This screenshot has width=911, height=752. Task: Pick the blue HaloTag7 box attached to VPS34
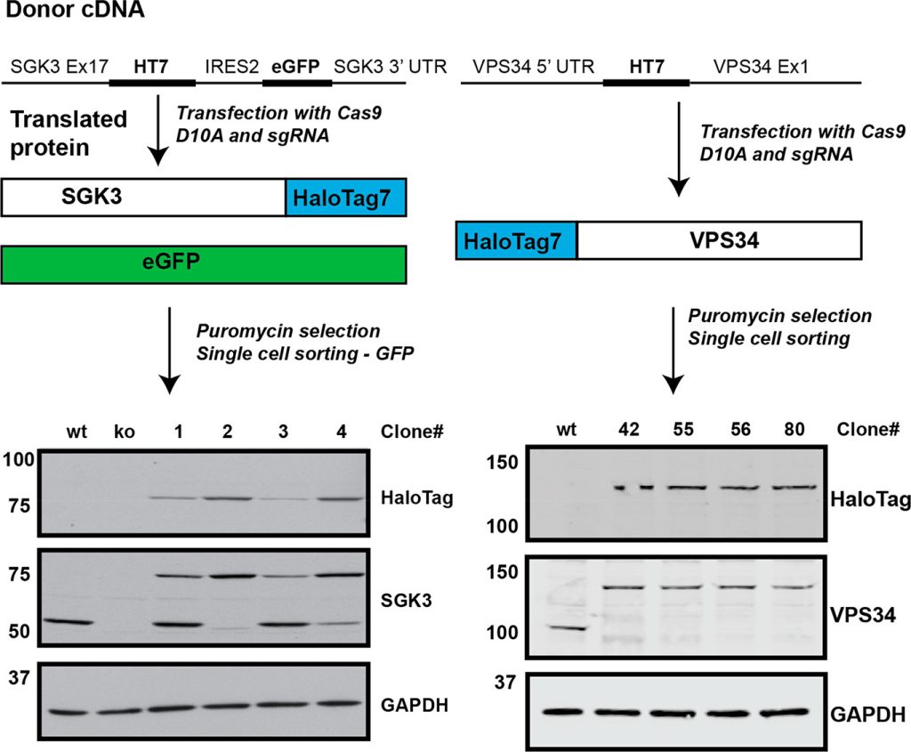(x=516, y=240)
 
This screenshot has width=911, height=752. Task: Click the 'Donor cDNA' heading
(x=64, y=12)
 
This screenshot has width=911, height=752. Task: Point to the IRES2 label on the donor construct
(x=231, y=67)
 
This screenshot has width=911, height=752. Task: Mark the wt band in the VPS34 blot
(x=565, y=627)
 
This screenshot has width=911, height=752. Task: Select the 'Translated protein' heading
(x=69, y=133)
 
